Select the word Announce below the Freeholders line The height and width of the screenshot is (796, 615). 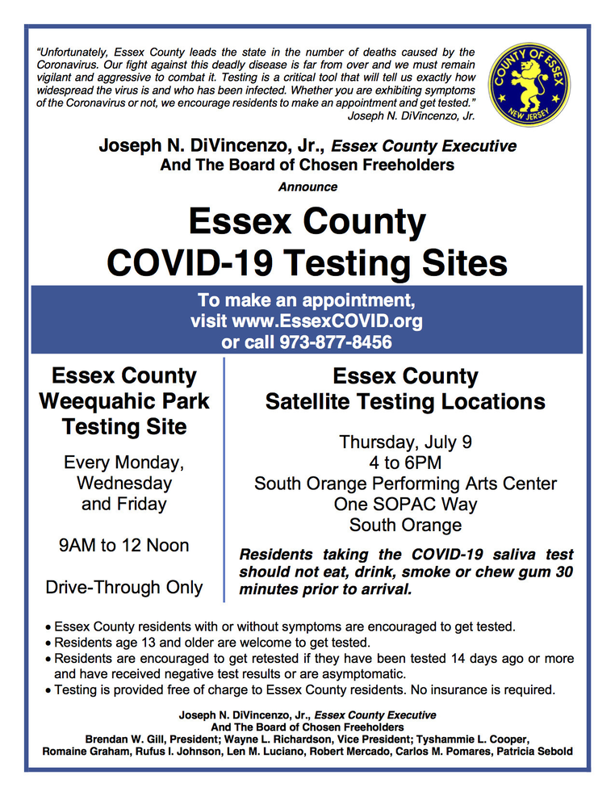pos(307,187)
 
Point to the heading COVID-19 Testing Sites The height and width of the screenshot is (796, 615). pos(307,263)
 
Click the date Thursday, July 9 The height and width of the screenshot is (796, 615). pos(405,442)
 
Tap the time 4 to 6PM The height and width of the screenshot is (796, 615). pos(405,463)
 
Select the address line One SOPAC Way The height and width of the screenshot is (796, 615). pos(405,505)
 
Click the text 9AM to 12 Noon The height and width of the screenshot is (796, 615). pos(124,546)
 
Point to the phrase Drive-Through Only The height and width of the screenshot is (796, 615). pos(124,587)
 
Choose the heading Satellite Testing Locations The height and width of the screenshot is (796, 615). pos(405,401)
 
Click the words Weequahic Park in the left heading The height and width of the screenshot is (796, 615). pos(124,401)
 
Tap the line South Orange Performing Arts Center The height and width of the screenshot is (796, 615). pos(405,484)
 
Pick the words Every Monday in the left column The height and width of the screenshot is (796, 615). pos(124,463)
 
